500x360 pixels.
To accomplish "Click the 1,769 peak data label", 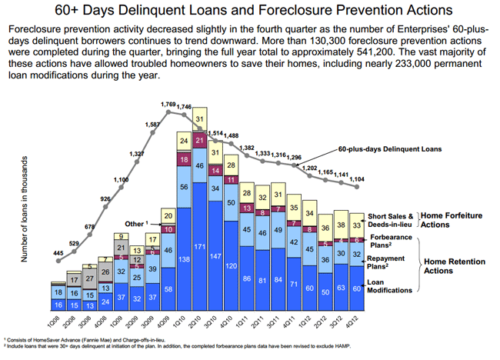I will click(168, 104).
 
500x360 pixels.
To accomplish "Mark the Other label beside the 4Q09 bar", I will click(134, 223).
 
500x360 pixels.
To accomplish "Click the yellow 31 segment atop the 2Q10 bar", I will click(200, 119).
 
